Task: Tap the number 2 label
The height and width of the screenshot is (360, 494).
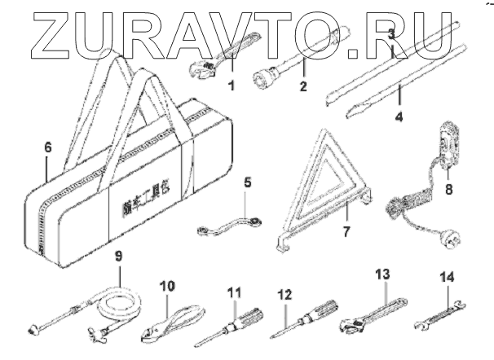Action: tap(302, 83)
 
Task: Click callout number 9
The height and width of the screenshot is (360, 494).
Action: tap(119, 255)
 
